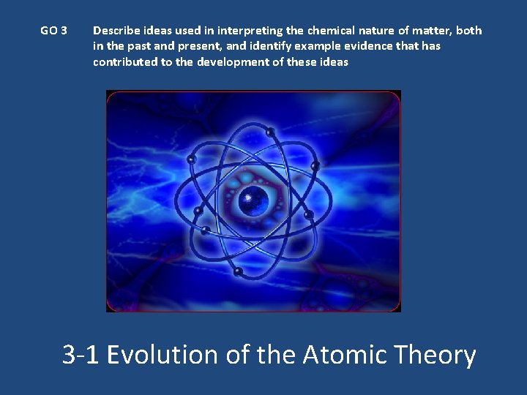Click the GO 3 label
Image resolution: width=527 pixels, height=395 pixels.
click(x=53, y=31)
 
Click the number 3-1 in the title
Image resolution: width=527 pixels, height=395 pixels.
click(x=81, y=355)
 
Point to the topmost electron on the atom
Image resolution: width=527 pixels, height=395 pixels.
click(x=270, y=132)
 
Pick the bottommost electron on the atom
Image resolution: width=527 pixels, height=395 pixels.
click(x=238, y=271)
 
